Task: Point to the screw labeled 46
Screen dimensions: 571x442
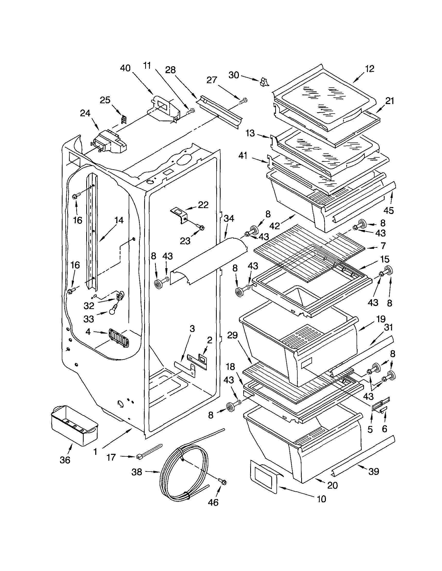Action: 223,481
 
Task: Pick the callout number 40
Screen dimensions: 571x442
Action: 125,68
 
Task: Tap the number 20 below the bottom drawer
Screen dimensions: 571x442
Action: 332,485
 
